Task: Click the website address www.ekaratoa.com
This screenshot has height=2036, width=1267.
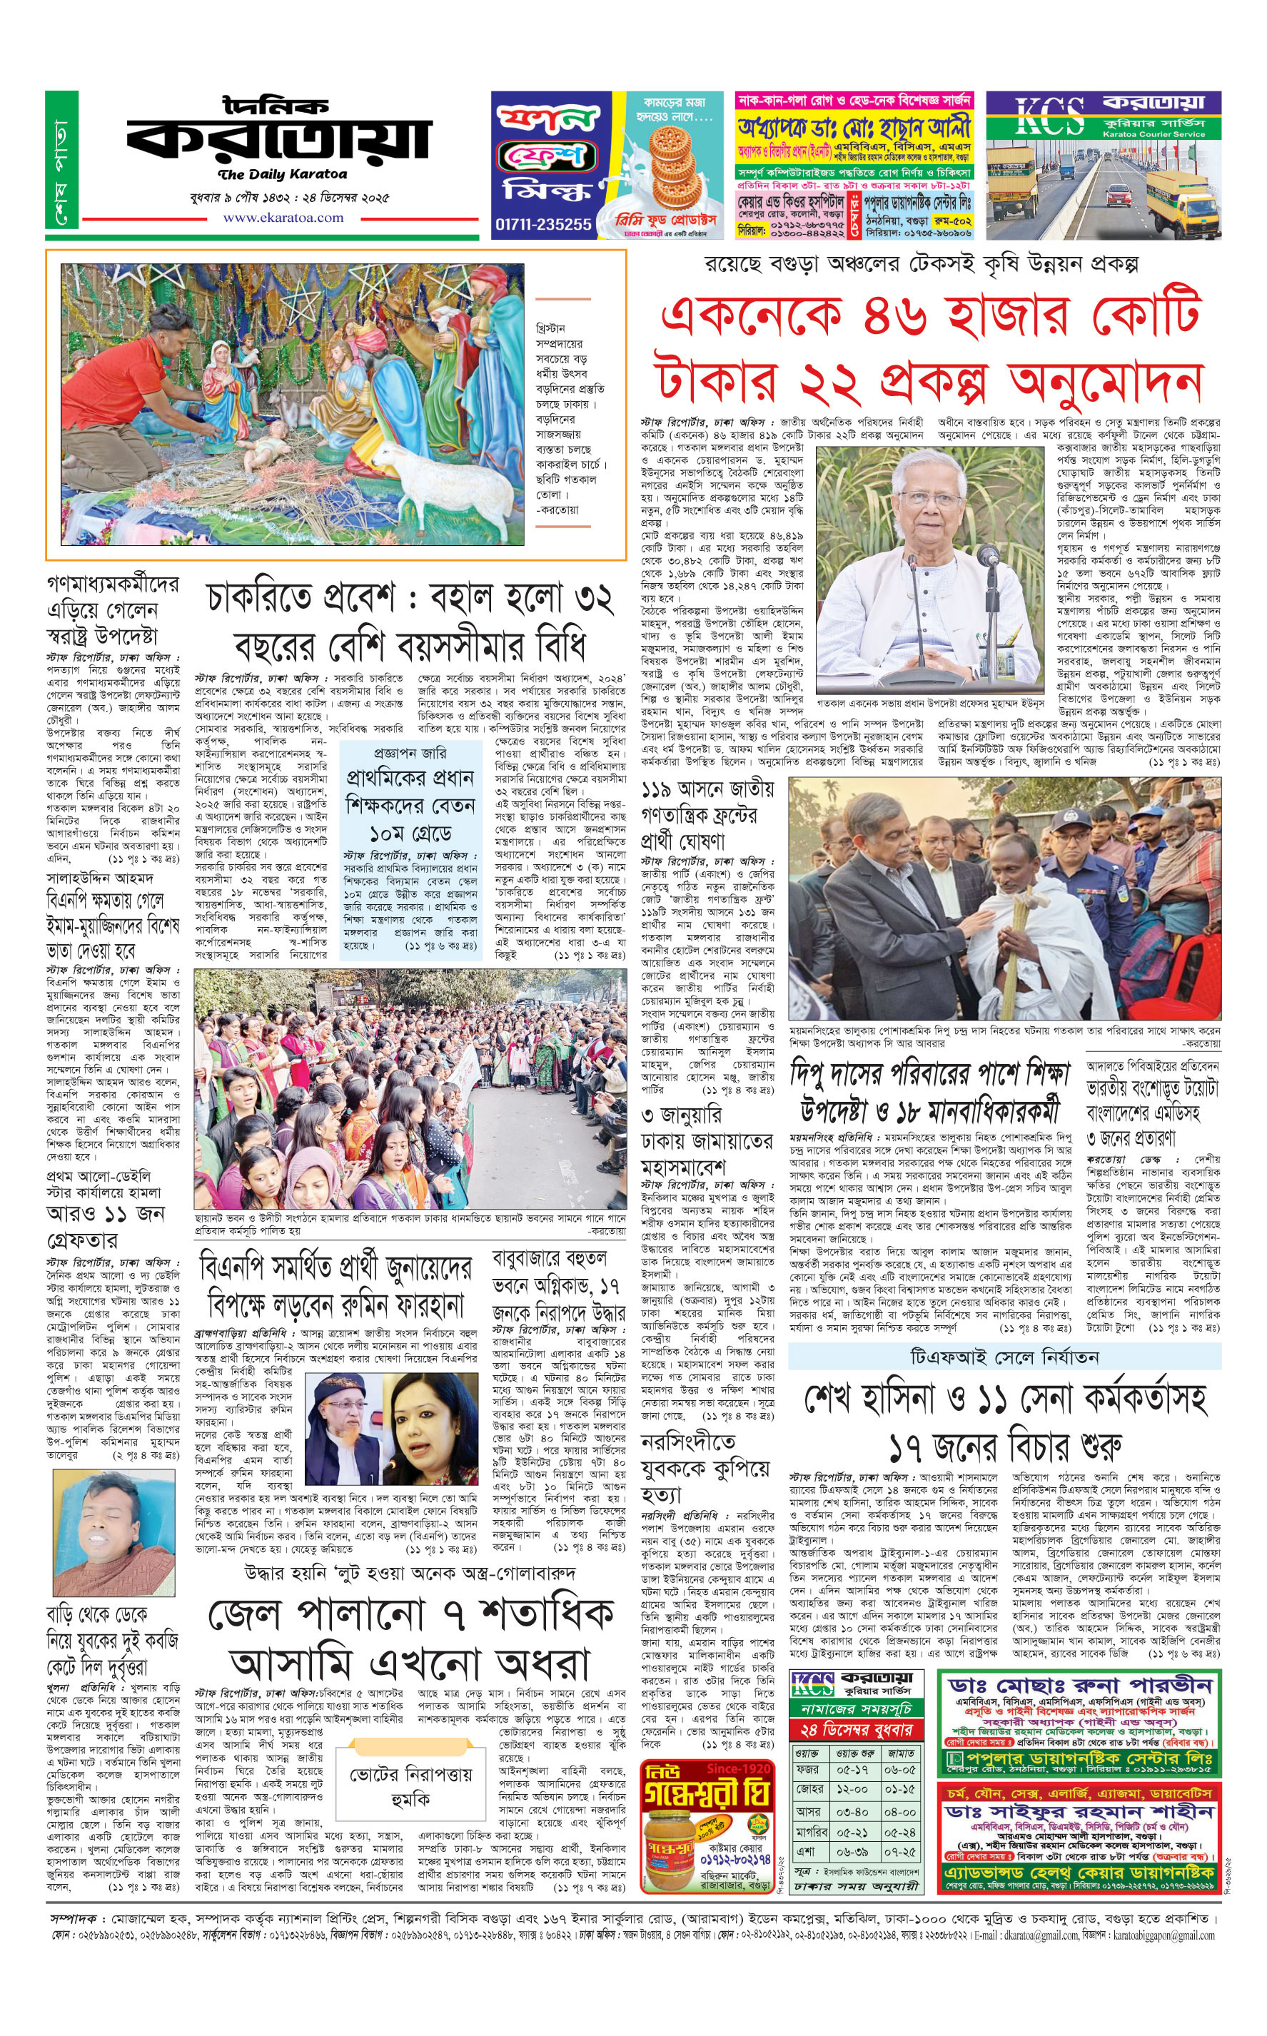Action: tap(283, 218)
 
